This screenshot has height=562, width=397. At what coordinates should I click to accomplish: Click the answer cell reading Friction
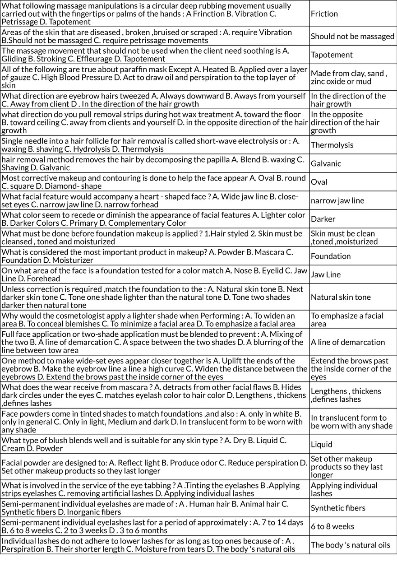pyautogui.click(x=324, y=14)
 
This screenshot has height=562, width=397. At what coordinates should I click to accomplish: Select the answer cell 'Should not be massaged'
pyautogui.click(x=352, y=37)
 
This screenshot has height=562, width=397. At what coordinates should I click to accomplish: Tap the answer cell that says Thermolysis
pyautogui.click(x=332, y=145)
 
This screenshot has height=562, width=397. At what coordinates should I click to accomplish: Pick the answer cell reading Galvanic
pyautogui.click(x=326, y=163)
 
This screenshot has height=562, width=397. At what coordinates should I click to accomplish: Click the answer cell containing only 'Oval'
pyautogui.click(x=319, y=182)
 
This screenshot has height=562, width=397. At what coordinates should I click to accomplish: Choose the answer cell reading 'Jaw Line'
pyautogui.click(x=326, y=274)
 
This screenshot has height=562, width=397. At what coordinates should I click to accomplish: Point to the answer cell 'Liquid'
pyautogui.click(x=322, y=444)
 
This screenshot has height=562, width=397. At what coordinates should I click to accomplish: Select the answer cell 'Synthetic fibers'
pyautogui.click(x=338, y=508)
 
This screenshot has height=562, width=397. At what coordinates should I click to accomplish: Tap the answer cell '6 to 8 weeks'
pyautogui.click(x=332, y=526)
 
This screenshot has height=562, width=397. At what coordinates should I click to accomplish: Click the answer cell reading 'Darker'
pyautogui.click(x=323, y=219)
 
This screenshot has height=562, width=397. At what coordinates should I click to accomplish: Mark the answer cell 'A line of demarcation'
pyautogui.click(x=348, y=342)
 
